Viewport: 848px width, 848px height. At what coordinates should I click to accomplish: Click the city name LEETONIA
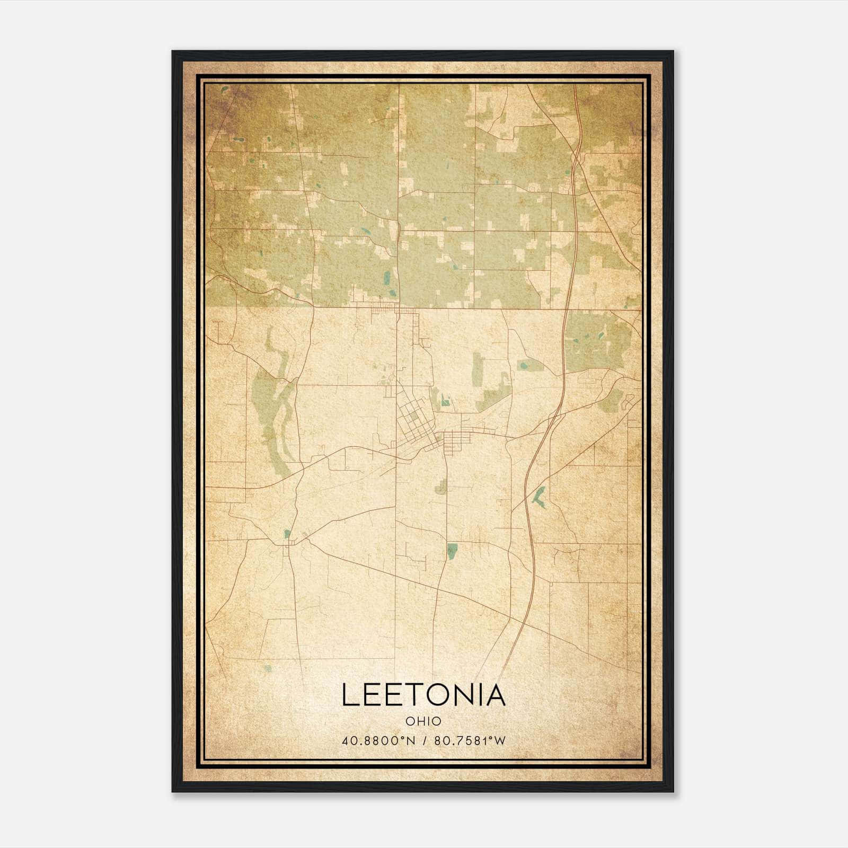point(423,695)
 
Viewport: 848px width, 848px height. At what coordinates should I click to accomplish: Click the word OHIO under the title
point(423,721)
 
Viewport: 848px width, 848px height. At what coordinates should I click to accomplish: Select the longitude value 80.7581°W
point(470,740)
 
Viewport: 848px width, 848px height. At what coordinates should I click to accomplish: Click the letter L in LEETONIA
point(351,695)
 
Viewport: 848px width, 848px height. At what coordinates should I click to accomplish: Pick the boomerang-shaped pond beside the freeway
point(538,496)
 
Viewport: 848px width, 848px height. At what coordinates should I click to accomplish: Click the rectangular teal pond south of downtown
point(452,551)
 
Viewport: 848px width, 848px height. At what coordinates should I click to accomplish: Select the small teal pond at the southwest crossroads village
point(287,534)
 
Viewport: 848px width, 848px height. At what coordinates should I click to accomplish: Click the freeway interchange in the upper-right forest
point(575,159)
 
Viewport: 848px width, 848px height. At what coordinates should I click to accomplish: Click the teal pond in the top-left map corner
point(225,90)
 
